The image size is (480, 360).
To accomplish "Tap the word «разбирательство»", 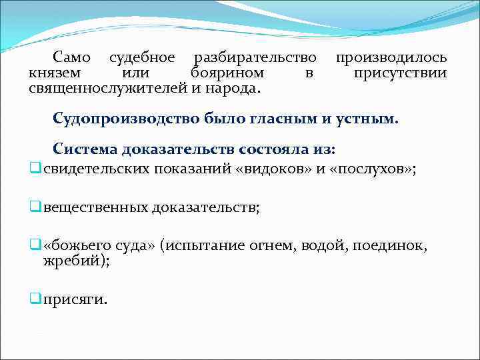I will (253, 58).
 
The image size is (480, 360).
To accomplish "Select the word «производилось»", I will (391, 58).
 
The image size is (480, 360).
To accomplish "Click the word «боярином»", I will (227, 73).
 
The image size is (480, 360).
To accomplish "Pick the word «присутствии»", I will (400, 73).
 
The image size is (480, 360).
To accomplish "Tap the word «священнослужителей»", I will (108, 87).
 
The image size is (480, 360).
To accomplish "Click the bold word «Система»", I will (87, 149).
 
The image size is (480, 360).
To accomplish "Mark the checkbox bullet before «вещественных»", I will (35, 207).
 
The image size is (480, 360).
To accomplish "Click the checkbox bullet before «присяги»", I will (35, 299).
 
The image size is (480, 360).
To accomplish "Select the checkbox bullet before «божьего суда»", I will (35, 246).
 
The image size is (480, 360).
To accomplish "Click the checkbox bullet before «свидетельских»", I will (35, 169).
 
